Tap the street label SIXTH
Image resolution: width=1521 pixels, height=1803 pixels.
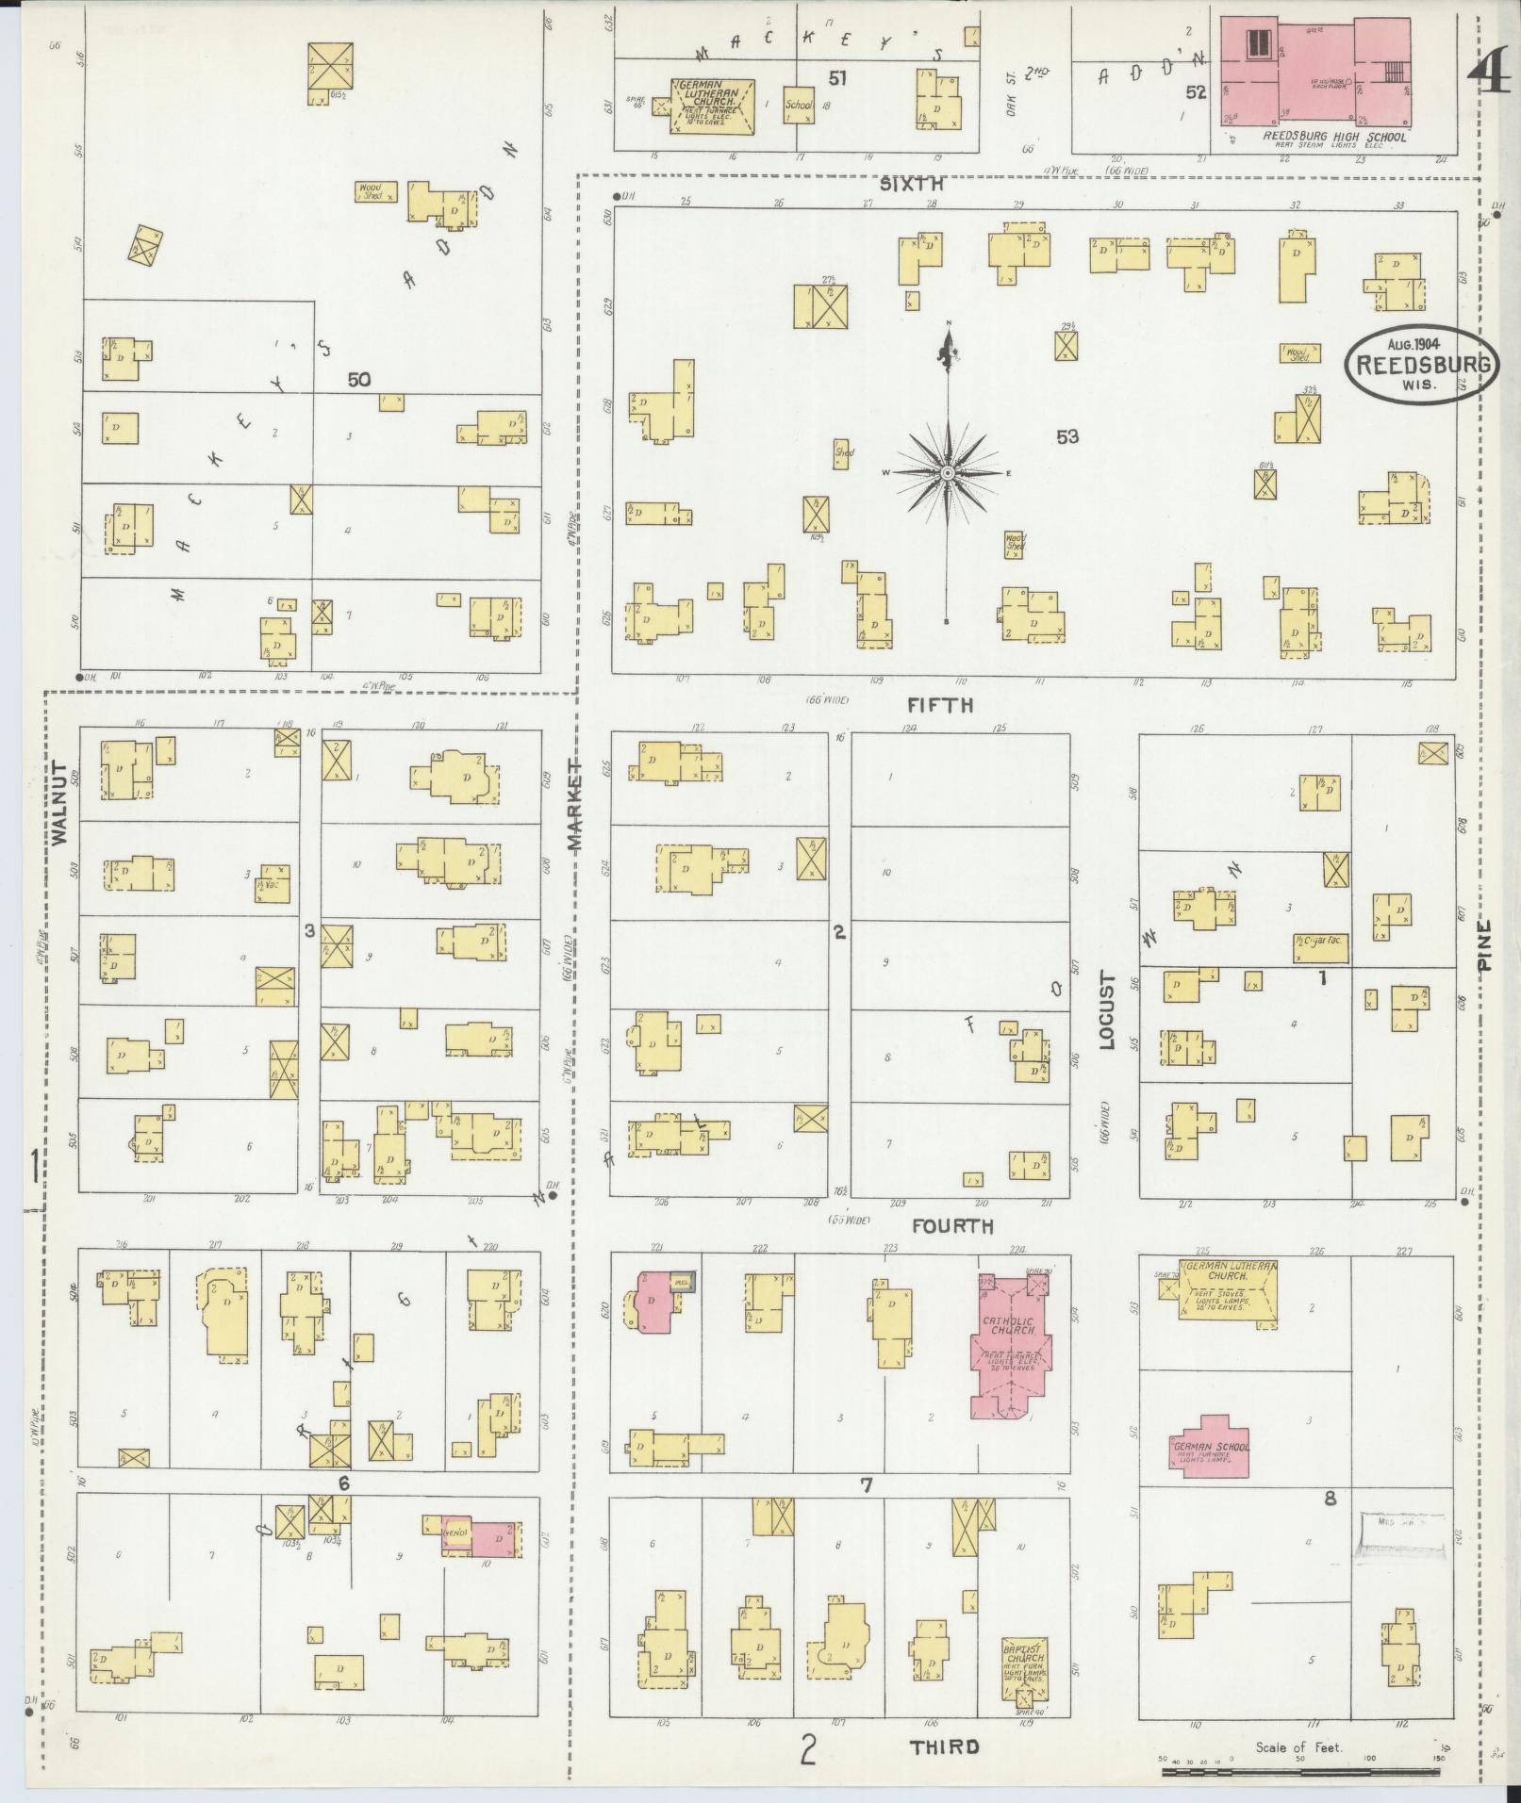tap(911, 186)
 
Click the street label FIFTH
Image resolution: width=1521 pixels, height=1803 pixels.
tap(940, 705)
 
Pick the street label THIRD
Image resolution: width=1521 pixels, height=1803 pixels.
tap(944, 1746)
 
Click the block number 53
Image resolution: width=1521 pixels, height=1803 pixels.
tap(1066, 436)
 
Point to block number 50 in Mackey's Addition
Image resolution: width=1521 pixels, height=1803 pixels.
tap(357, 380)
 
